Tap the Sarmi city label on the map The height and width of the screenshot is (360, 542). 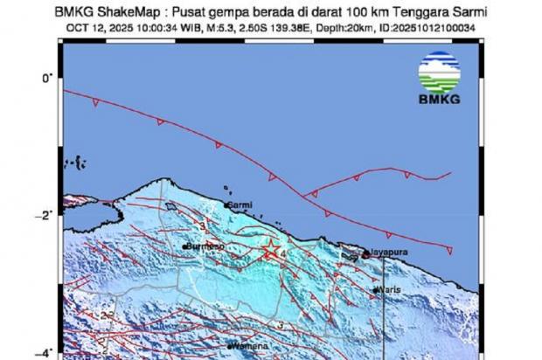(241, 205)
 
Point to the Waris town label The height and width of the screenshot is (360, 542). (389, 290)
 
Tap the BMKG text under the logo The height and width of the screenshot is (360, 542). (439, 101)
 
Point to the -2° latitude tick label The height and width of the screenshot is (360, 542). (47, 213)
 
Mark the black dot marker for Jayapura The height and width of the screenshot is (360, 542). (365, 252)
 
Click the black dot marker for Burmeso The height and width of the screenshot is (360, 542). (184, 247)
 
